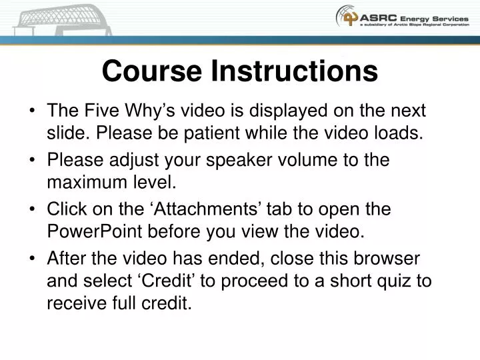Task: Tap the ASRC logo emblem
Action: pyautogui.click(x=347, y=16)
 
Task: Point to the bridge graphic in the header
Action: pyautogui.click(x=56, y=17)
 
